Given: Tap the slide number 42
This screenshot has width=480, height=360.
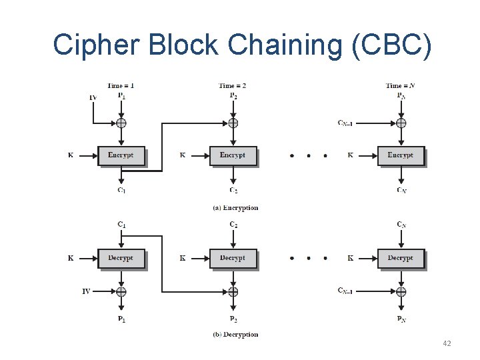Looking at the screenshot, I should pyautogui.click(x=447, y=343).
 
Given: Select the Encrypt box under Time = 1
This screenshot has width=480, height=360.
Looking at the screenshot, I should pyautogui.click(x=121, y=155).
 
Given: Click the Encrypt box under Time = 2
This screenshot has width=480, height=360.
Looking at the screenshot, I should pyautogui.click(x=233, y=155).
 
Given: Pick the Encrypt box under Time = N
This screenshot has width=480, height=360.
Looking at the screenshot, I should pyautogui.click(x=401, y=155).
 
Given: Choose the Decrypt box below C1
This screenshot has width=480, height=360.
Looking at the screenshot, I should pyautogui.click(x=121, y=258).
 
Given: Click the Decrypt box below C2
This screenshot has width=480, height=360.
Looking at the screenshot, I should pyautogui.click(x=233, y=258).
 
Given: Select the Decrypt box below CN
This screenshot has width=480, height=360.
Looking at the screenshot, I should pyautogui.click(x=401, y=258).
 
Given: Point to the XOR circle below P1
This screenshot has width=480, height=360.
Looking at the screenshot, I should pyautogui.click(x=121, y=123).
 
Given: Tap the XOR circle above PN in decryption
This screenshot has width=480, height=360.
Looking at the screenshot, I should pyautogui.click(x=401, y=291).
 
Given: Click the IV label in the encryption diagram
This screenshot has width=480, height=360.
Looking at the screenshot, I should pyautogui.click(x=93, y=98).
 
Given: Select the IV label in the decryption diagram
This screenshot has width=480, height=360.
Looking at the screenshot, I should pyautogui.click(x=86, y=291).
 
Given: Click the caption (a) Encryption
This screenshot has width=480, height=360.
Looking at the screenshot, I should pyautogui.click(x=235, y=208).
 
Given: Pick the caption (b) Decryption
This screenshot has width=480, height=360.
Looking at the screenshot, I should pyautogui.click(x=235, y=334).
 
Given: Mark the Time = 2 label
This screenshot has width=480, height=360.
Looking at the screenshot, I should pyautogui.click(x=233, y=85).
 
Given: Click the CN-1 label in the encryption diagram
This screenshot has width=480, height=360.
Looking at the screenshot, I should pyautogui.click(x=345, y=123).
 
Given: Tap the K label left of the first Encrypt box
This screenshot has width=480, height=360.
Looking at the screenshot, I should pyautogui.click(x=71, y=155).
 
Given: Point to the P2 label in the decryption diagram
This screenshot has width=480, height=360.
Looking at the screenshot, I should pyautogui.click(x=233, y=319).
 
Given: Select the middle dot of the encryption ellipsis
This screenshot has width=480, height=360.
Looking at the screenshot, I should pyautogui.click(x=308, y=156).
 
